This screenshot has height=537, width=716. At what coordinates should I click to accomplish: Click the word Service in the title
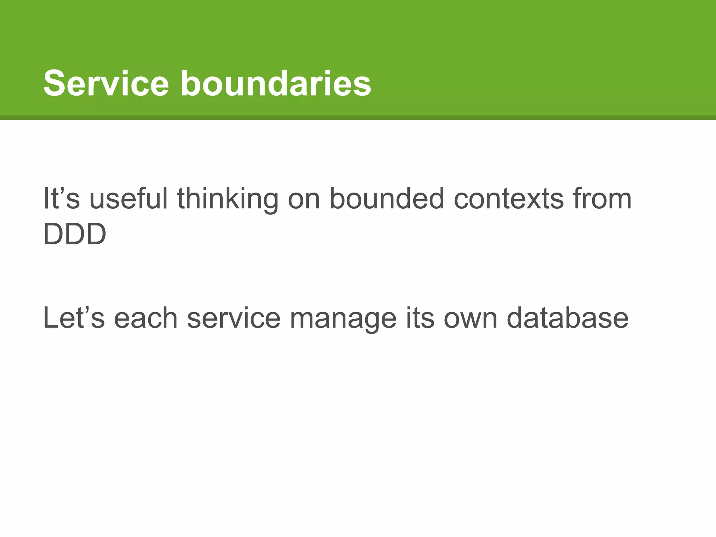106,84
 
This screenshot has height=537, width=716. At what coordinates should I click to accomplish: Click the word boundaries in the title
275,84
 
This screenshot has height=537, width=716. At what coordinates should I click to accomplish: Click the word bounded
387,199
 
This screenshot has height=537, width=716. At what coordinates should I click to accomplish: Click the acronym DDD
74,234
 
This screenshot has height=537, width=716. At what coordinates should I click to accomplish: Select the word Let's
74,318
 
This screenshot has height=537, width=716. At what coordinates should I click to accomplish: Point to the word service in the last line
234,318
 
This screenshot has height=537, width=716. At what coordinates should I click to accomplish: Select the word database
567,318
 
